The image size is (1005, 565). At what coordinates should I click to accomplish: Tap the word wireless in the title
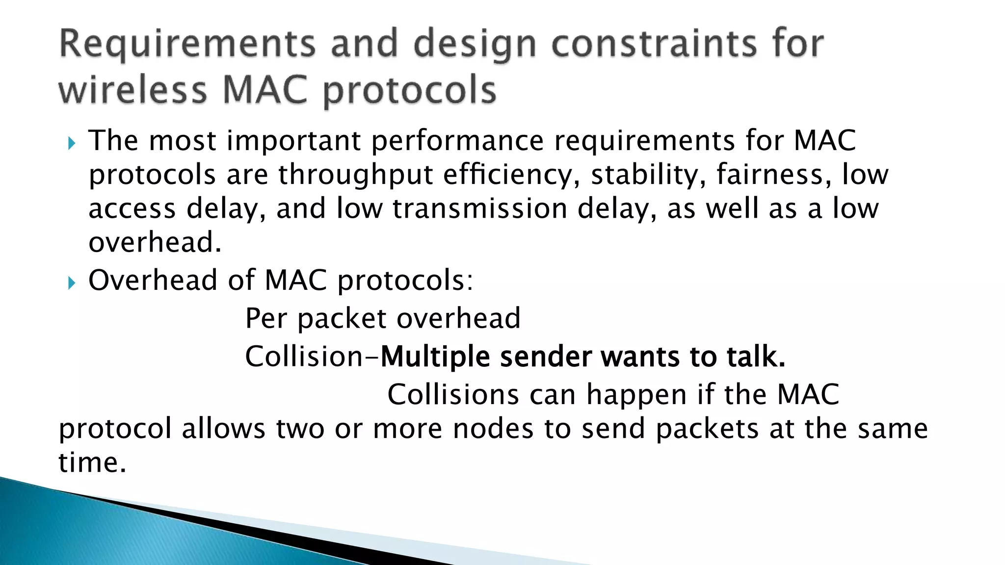pos(133,90)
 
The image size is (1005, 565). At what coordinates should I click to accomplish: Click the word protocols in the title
pos(410,91)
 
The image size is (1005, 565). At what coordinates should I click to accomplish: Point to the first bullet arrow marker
pos(72,144)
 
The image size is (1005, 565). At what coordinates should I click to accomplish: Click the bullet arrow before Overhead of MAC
pos(72,283)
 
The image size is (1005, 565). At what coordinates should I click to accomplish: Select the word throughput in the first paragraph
pos(355,175)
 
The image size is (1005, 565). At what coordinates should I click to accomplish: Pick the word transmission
pos(480,208)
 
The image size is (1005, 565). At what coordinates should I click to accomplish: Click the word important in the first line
pos(293,141)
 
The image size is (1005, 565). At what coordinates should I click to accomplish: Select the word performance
pos(457,141)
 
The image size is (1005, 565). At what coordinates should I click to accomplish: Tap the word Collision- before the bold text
pos(312,357)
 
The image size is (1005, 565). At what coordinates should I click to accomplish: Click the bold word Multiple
pos(435,357)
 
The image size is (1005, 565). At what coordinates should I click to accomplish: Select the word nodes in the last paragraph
pos(493,429)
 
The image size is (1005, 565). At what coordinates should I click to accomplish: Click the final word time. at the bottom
pos(92,462)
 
